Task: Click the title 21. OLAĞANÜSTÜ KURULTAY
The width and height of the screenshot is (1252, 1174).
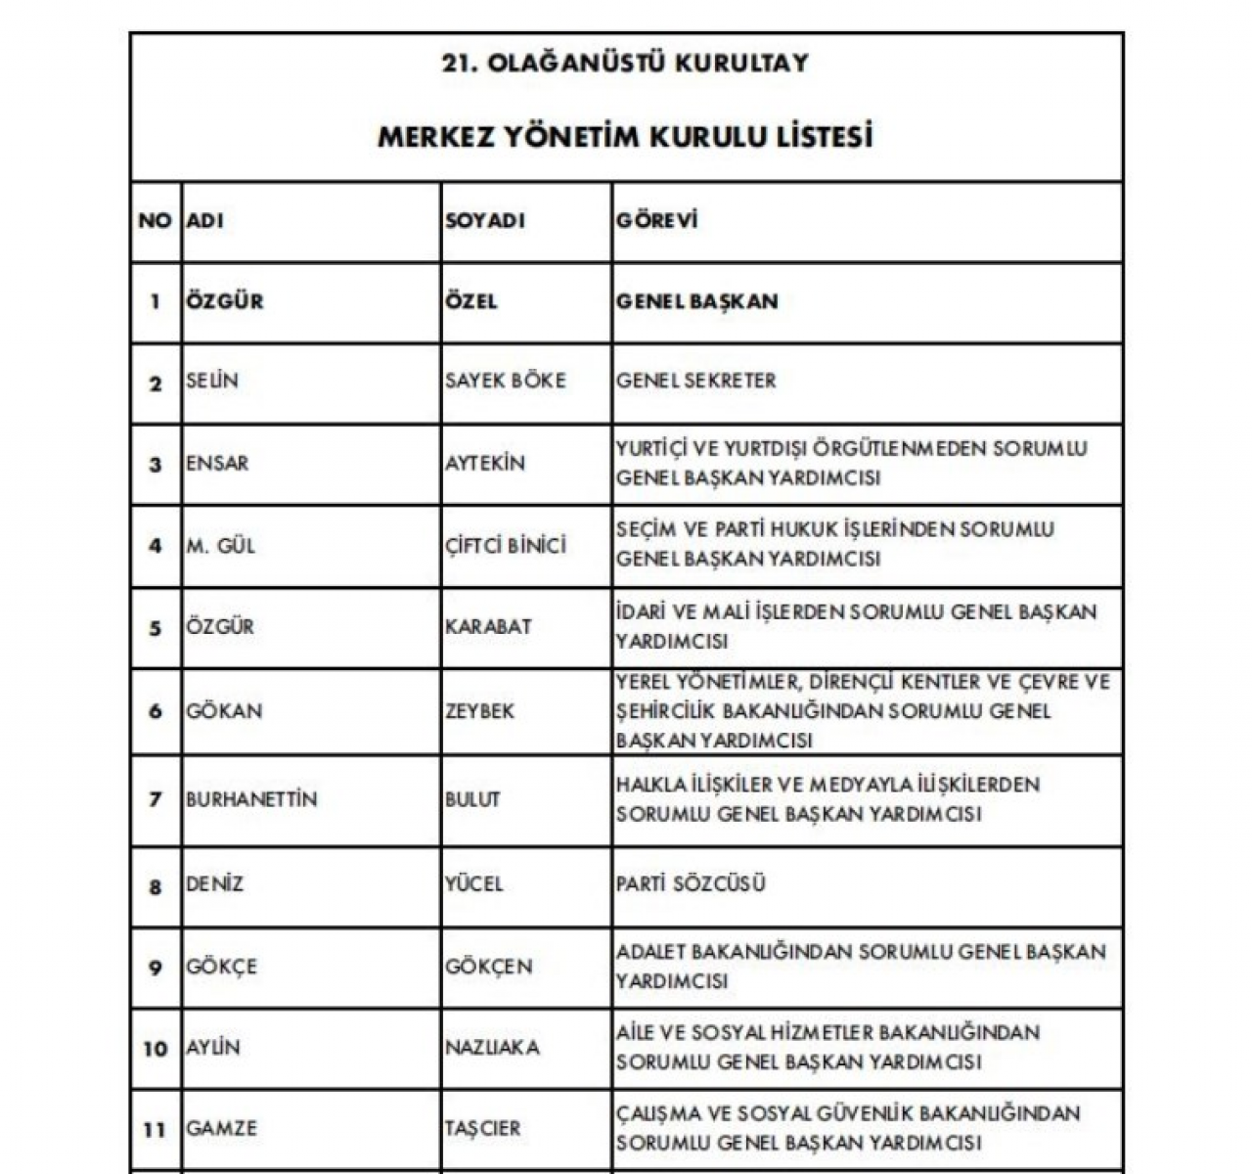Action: tap(625, 64)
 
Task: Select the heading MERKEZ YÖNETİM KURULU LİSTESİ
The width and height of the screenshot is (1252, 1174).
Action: tap(625, 136)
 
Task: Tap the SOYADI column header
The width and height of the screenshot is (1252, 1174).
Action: tap(485, 221)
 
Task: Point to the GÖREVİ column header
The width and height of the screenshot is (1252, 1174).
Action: tap(657, 221)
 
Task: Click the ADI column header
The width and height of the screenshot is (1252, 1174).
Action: tap(205, 221)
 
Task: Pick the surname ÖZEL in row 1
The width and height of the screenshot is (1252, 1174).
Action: tap(471, 301)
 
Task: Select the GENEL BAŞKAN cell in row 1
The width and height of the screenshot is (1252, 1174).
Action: tap(697, 301)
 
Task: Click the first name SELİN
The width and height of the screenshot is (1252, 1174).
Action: tap(212, 381)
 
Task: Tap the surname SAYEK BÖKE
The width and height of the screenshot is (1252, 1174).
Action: tap(506, 381)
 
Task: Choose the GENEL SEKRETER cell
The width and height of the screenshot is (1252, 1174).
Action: tap(695, 381)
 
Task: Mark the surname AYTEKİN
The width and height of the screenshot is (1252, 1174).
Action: tap(485, 463)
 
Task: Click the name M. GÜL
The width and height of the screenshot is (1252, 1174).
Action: tap(221, 545)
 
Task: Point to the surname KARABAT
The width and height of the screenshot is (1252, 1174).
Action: tap(488, 626)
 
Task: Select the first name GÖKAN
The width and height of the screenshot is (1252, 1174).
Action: tap(224, 711)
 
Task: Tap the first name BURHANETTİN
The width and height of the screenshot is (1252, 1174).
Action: tap(251, 799)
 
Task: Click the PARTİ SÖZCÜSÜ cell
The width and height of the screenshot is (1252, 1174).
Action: tap(692, 884)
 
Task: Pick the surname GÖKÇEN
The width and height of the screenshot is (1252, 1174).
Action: tap(489, 967)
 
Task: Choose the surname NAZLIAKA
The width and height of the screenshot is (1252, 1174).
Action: tap(492, 1048)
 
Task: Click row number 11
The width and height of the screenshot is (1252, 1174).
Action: tap(155, 1129)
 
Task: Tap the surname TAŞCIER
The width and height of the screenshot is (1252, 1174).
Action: tap(483, 1129)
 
